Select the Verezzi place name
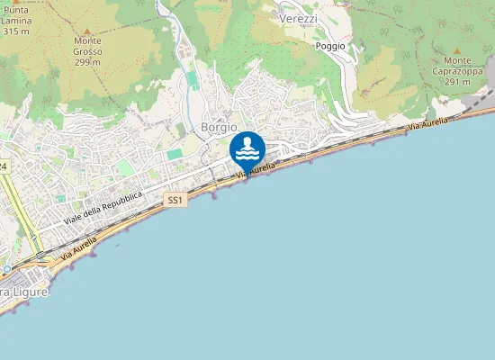(299, 19)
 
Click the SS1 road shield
(175, 201)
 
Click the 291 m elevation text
(457, 82)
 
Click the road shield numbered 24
(4, 167)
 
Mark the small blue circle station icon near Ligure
(6, 268)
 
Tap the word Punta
(16, 10)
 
